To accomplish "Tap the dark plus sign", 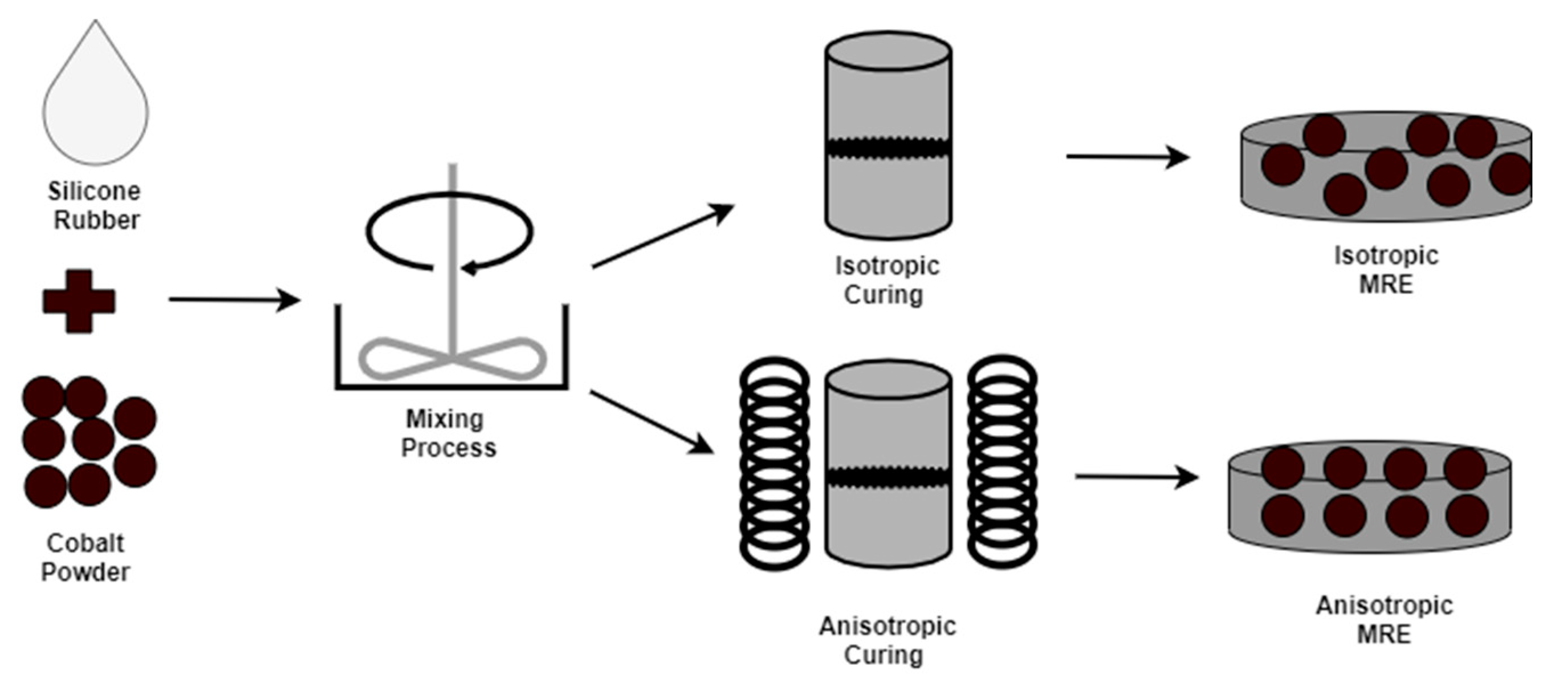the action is point(79,301).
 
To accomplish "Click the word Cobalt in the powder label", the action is point(85,543).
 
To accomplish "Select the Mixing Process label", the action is point(448,433).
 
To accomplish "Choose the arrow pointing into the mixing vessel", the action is point(234,299).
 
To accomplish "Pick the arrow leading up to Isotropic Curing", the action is point(662,236).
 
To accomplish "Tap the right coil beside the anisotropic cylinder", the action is point(1002,462).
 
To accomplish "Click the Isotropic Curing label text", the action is point(887,280).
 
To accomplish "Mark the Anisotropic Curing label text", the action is point(887,640).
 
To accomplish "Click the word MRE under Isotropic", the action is point(1386,284).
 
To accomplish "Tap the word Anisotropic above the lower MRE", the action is point(1385,605).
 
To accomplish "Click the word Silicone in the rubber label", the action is point(95,192).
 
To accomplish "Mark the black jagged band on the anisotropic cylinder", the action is point(888,478).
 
